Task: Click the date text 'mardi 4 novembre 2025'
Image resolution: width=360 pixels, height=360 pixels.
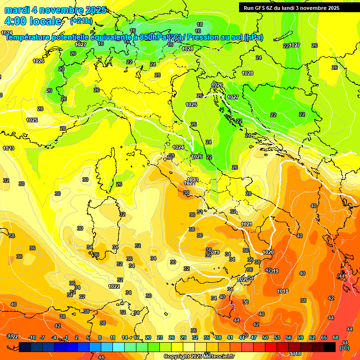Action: tap(55, 10)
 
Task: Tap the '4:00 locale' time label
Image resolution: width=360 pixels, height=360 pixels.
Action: tap(33, 21)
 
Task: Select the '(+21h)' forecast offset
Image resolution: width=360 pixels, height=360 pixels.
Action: tap(81, 21)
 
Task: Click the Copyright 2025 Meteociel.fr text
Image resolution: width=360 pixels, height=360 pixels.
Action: tap(199, 357)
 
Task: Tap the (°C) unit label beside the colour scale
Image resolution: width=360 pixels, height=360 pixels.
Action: tap(344, 348)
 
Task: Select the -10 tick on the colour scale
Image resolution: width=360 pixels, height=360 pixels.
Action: tap(32, 337)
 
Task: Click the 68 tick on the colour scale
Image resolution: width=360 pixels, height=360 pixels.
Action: tap(336, 337)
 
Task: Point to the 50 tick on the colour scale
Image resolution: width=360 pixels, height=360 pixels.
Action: tap(265, 337)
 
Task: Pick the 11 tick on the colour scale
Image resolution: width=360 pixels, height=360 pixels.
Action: tap(112, 337)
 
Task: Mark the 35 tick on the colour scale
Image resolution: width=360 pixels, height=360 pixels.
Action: tap(207, 337)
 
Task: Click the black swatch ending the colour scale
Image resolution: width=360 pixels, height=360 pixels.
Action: tap(330, 347)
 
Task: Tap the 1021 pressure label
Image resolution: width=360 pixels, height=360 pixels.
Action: tap(247, 225)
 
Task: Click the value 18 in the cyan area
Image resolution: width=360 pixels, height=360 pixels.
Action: tap(200, 24)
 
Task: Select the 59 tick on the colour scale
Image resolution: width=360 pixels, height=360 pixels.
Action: tap(300, 337)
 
